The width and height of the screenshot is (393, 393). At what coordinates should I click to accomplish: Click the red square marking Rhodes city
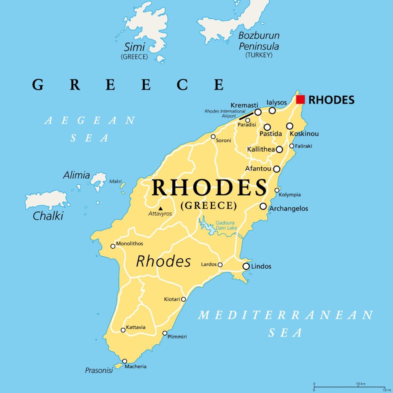(301, 99)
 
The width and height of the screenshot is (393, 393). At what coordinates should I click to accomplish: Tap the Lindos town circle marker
(246, 266)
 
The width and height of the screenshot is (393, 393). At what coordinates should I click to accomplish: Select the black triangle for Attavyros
(161, 208)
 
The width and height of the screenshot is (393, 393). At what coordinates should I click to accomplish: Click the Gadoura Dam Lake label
(226, 225)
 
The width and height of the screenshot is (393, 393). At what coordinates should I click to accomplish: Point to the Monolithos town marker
(113, 246)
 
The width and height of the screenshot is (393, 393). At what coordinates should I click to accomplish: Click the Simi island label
(134, 47)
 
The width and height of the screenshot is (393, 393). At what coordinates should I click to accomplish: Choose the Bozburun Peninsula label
(259, 41)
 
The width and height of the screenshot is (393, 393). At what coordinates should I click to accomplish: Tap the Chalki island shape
(45, 200)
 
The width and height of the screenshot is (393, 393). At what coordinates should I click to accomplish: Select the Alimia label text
(76, 175)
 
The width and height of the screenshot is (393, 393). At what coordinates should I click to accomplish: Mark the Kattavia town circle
(123, 330)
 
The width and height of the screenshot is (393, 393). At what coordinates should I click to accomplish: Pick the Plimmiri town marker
(165, 333)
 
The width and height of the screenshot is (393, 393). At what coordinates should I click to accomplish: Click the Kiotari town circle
(183, 299)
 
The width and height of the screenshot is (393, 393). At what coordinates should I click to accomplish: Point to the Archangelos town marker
(263, 206)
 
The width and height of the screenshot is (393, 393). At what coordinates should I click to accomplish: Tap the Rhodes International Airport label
(220, 114)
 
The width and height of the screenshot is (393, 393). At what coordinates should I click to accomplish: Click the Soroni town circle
(213, 137)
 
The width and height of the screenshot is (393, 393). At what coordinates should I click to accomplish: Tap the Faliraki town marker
(292, 146)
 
